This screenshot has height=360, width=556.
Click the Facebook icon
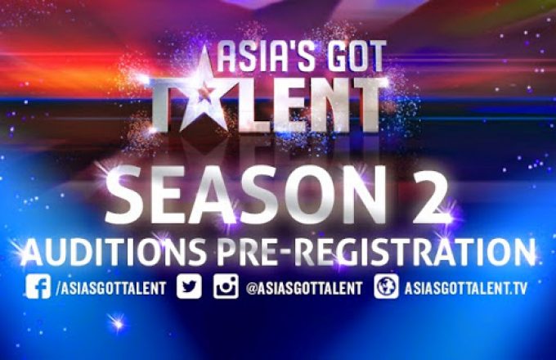pyautogui.click(x=38, y=286)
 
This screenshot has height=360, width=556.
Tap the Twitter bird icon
pyautogui.click(x=190, y=286)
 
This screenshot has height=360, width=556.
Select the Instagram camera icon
pyautogui.click(x=226, y=286)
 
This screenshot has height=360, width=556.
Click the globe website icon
pyautogui.click(x=387, y=286)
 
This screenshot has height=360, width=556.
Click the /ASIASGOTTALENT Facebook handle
pyautogui.click(x=111, y=288)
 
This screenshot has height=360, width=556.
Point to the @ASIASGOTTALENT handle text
pyautogui.click(x=304, y=288)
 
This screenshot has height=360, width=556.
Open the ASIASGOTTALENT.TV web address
pyautogui.click(x=466, y=288)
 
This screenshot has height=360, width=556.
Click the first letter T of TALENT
pyautogui.click(x=165, y=105)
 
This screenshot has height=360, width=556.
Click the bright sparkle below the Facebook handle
pyautogui.click(x=117, y=322)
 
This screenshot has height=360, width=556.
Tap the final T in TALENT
pyautogui.click(x=366, y=105)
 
